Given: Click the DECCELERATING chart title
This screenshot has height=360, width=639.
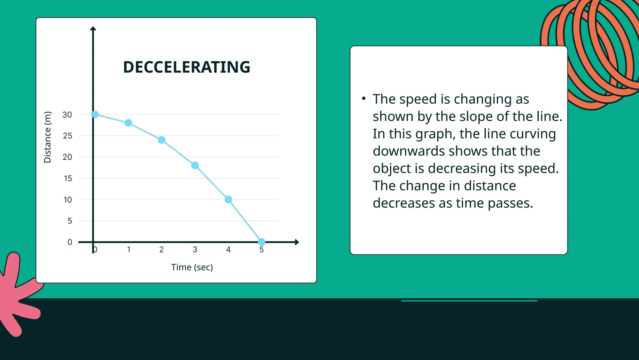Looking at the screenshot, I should (x=187, y=67).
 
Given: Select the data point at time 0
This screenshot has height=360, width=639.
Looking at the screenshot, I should (x=95, y=114).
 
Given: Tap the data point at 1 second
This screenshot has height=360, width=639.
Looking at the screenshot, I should (x=128, y=123).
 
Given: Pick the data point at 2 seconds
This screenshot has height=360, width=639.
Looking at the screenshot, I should (x=162, y=140).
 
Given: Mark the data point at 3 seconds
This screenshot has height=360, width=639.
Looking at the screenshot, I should (x=195, y=165).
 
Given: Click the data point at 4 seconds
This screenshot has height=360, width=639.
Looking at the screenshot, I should (x=228, y=199).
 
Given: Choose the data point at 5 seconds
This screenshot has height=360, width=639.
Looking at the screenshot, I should (x=262, y=242).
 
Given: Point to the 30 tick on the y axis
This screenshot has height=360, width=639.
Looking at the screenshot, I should (x=67, y=115).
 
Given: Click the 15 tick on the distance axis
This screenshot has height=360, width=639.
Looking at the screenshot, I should (x=68, y=178).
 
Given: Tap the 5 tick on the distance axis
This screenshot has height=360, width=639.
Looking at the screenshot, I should (x=70, y=221).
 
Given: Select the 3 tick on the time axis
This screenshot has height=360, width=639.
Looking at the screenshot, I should (x=195, y=250).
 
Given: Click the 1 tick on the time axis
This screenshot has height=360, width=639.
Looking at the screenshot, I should (x=129, y=250).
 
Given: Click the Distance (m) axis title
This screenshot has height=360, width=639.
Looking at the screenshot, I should (x=47, y=137).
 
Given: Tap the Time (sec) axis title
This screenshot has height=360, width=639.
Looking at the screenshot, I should (x=192, y=267).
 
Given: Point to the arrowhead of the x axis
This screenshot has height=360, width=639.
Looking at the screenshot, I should (x=297, y=242).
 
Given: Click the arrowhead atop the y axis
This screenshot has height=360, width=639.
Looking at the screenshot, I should (x=93, y=29).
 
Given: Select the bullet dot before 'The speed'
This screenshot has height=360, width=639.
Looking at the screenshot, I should (x=364, y=99).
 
